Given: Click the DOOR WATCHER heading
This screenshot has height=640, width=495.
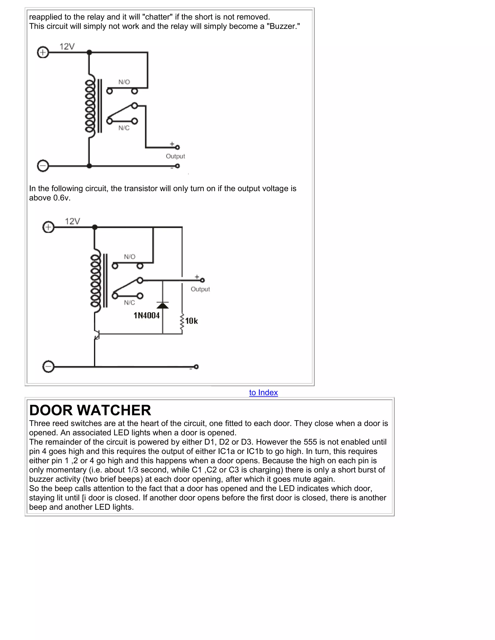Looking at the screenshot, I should pos(90,410).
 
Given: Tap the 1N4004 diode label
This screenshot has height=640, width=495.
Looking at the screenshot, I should pos(147,316).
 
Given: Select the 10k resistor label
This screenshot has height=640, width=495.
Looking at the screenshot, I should pos(191,321).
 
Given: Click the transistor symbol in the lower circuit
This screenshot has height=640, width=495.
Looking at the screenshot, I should pos(96,334).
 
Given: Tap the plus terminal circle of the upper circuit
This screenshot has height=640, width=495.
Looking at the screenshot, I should pos(43,52).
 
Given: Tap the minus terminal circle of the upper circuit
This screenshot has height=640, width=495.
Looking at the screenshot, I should pos(43,166).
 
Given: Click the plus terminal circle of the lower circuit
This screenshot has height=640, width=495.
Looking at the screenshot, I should pos(48,227).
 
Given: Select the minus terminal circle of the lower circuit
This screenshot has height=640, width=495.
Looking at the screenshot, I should pos(48,367).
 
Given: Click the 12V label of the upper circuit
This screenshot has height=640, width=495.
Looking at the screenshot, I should pos(67,47).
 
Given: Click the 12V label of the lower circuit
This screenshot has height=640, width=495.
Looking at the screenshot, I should pos(73,221).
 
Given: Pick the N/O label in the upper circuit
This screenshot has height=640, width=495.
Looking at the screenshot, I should pos(124,82).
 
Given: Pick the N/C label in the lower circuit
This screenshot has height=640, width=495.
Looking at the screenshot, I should pos(129,303).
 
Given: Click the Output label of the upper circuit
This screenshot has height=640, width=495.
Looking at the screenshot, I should pos(175,156).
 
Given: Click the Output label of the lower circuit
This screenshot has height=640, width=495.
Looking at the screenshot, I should pos(200,289).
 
